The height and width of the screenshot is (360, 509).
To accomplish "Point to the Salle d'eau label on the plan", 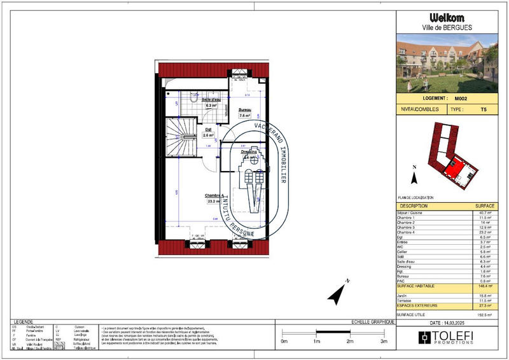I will coord(212,100).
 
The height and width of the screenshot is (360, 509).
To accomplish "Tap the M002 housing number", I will coord(461,99).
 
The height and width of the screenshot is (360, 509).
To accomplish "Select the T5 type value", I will coord(484,109).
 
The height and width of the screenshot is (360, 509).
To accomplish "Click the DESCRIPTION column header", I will coord(414,206).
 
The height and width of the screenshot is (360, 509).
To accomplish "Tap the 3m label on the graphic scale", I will coord(383,342).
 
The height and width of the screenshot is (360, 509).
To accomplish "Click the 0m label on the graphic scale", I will coord(284,342).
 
